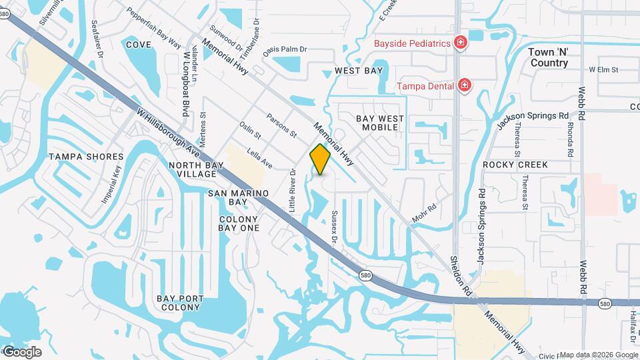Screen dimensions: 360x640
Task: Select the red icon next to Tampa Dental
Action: tap(465, 85)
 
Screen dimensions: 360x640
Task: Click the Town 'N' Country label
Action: tap(549, 57)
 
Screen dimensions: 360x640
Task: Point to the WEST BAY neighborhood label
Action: tap(359, 71)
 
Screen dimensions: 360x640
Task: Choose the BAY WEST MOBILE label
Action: tap(380, 123)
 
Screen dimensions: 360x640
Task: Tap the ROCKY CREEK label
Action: tap(515, 165)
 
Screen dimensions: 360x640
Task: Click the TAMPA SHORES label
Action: tap(86, 157)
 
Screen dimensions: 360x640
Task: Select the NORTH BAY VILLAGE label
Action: tap(193, 169)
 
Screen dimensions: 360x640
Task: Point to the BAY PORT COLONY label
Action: tap(179, 303)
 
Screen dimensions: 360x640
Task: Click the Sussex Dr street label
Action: tap(335, 227)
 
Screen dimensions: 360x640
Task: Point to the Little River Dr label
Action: tap(292, 191)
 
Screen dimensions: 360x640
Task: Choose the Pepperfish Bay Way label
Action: tap(153, 27)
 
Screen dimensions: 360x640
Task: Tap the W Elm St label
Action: tap(604, 69)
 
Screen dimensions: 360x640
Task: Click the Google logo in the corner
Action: tap(22, 352)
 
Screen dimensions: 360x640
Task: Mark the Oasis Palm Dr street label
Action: tap(285, 49)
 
